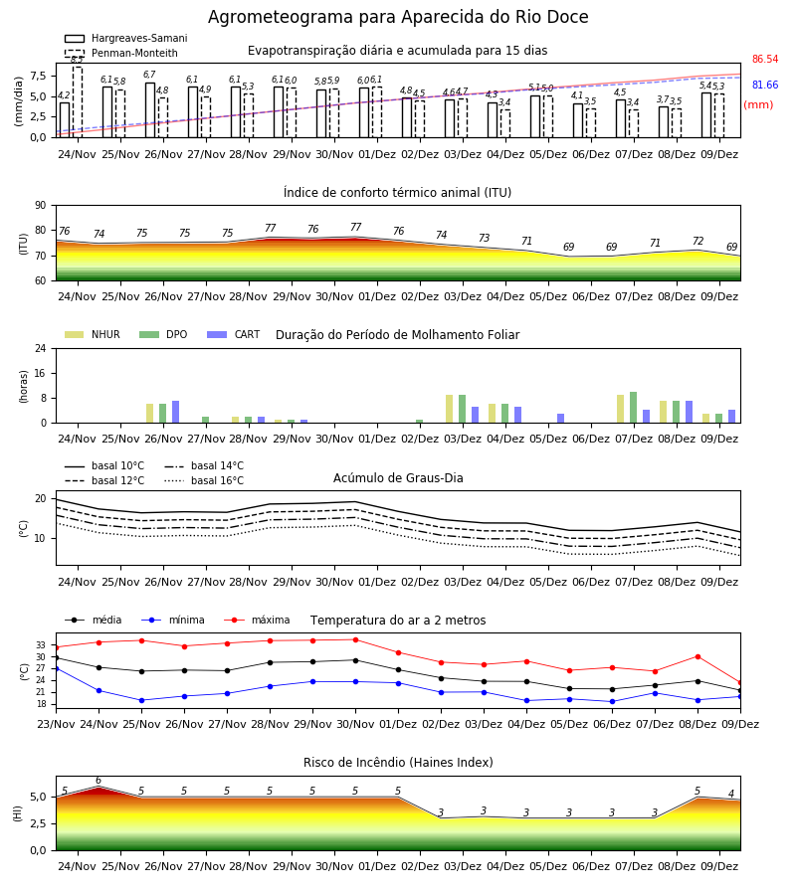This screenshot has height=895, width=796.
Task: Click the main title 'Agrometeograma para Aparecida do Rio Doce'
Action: coord(398,17)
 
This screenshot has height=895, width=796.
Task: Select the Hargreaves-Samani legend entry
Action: coord(125,38)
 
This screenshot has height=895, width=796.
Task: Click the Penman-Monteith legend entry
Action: coord(121,53)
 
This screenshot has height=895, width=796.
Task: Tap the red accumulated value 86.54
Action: coord(765,60)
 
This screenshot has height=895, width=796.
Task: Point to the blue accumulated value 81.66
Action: coord(765,86)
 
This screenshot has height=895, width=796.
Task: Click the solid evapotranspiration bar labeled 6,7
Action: coord(150,110)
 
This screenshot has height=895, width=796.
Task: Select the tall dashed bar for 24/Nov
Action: coord(77,102)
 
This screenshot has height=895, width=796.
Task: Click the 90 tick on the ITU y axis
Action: coord(41,206)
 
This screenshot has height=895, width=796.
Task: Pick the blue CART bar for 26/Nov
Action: coord(175,412)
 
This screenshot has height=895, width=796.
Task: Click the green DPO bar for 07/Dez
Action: coord(633,408)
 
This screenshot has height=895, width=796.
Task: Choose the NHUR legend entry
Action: coord(93,334)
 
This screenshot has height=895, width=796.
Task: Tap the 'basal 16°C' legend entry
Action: coord(204,480)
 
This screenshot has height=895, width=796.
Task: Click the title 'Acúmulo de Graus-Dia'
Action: coord(398,478)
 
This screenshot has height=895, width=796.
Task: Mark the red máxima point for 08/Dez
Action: coord(697,657)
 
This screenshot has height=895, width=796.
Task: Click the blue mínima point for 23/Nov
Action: coord(56,668)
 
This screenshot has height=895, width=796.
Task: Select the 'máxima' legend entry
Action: coord(257,620)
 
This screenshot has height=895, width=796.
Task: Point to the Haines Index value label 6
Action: coord(99,781)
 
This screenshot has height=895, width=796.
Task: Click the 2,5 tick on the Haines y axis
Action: coord(39,823)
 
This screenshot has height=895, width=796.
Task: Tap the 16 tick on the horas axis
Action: coord(41,373)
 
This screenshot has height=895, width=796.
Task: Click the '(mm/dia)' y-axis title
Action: coord(18,101)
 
